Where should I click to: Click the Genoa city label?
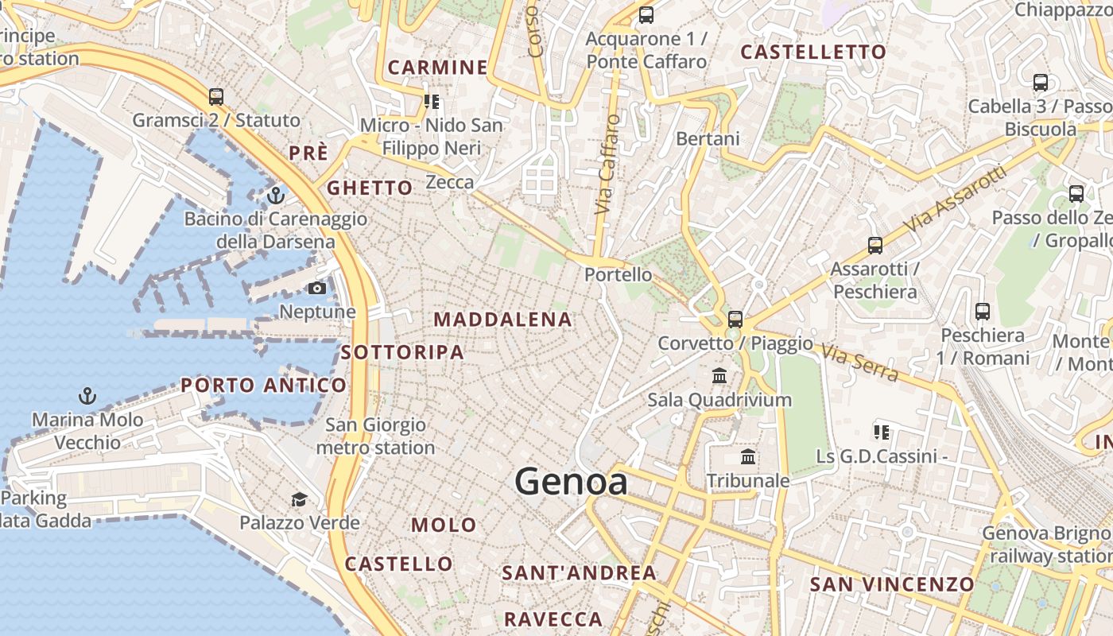pyautogui.click(x=571, y=482)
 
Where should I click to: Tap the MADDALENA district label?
pyautogui.click(x=502, y=320)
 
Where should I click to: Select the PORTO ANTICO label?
pyautogui.click(x=263, y=386)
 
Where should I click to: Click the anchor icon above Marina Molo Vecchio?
pyautogui.click(x=87, y=395)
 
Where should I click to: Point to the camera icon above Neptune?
pyautogui.click(x=317, y=288)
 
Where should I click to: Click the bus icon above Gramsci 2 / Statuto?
pyautogui.click(x=215, y=97)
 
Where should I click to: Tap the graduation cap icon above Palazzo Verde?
pyautogui.click(x=299, y=499)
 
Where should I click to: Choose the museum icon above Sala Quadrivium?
pyautogui.click(x=719, y=375)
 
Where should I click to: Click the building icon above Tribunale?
pyautogui.click(x=748, y=457)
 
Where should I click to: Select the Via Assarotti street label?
pyautogui.click(x=956, y=200)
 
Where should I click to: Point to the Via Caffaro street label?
pyautogui.click(x=607, y=165)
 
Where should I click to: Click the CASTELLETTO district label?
pyautogui.click(x=813, y=52)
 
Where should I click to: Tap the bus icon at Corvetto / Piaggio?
pyautogui.click(x=735, y=320)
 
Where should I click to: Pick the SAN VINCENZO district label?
pyautogui.click(x=891, y=584)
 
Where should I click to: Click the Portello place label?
pyautogui.click(x=618, y=275)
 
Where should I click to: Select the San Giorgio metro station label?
pyautogui.click(x=375, y=436)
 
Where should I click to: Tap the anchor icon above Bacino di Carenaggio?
pyautogui.click(x=276, y=195)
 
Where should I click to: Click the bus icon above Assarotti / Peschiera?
pyautogui.click(x=875, y=246)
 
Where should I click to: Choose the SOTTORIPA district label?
pyautogui.click(x=402, y=352)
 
